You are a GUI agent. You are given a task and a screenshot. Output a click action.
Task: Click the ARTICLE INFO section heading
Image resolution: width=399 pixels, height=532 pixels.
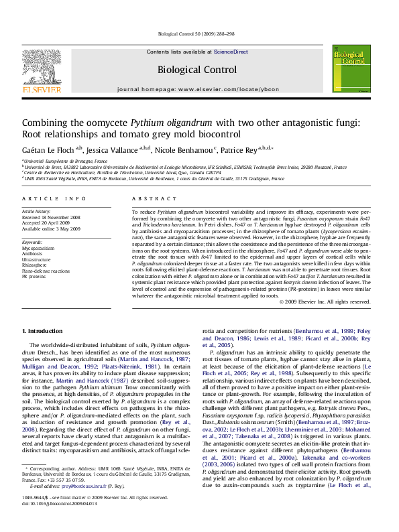coord(54,198)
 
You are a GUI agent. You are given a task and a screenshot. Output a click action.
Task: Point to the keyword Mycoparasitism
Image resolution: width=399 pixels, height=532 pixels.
coord(39,247)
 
